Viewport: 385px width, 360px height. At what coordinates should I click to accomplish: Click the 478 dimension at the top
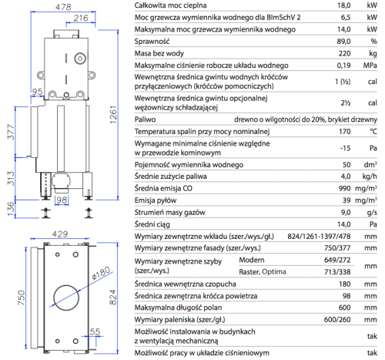click(x=63, y=7)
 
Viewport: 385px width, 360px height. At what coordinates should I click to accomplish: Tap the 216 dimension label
click(x=81, y=18)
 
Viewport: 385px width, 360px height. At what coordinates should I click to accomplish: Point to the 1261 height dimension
click(x=113, y=115)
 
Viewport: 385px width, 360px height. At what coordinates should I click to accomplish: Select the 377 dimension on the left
click(x=11, y=133)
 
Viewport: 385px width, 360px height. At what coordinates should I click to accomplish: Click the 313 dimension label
click(x=11, y=178)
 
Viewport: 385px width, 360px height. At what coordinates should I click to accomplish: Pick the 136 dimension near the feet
click(x=11, y=209)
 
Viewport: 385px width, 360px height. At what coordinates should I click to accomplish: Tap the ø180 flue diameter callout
click(x=101, y=273)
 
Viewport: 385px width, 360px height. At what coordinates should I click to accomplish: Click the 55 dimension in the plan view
click(x=95, y=331)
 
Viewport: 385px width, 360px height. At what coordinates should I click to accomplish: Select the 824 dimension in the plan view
click(x=113, y=297)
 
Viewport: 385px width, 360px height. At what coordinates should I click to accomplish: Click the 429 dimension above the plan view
click(x=60, y=234)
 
